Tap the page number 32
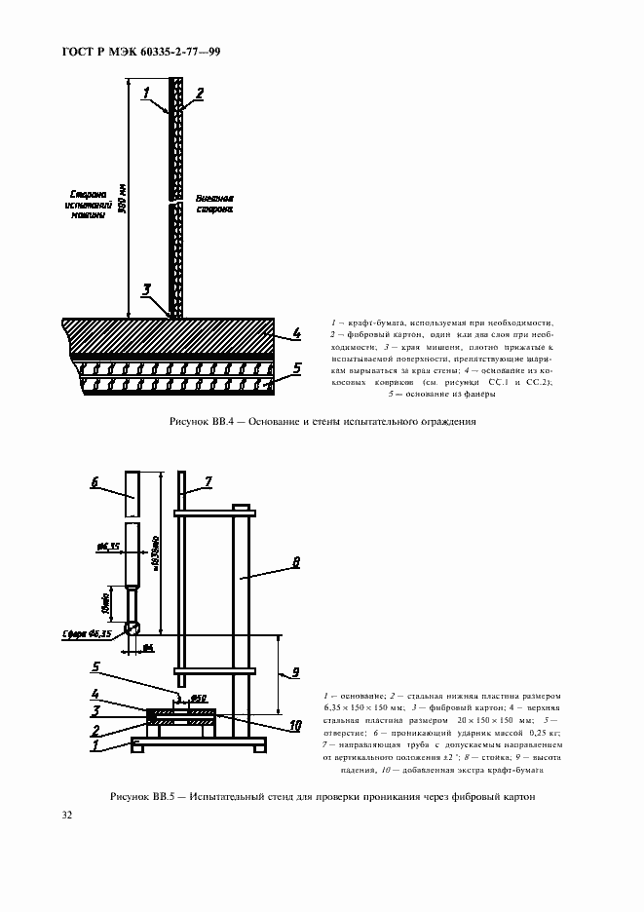pyautogui.click(x=67, y=815)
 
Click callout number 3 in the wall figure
pyautogui.click(x=146, y=289)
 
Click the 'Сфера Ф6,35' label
pyautogui.click(x=86, y=632)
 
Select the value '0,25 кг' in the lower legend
pyautogui.click(x=545, y=733)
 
